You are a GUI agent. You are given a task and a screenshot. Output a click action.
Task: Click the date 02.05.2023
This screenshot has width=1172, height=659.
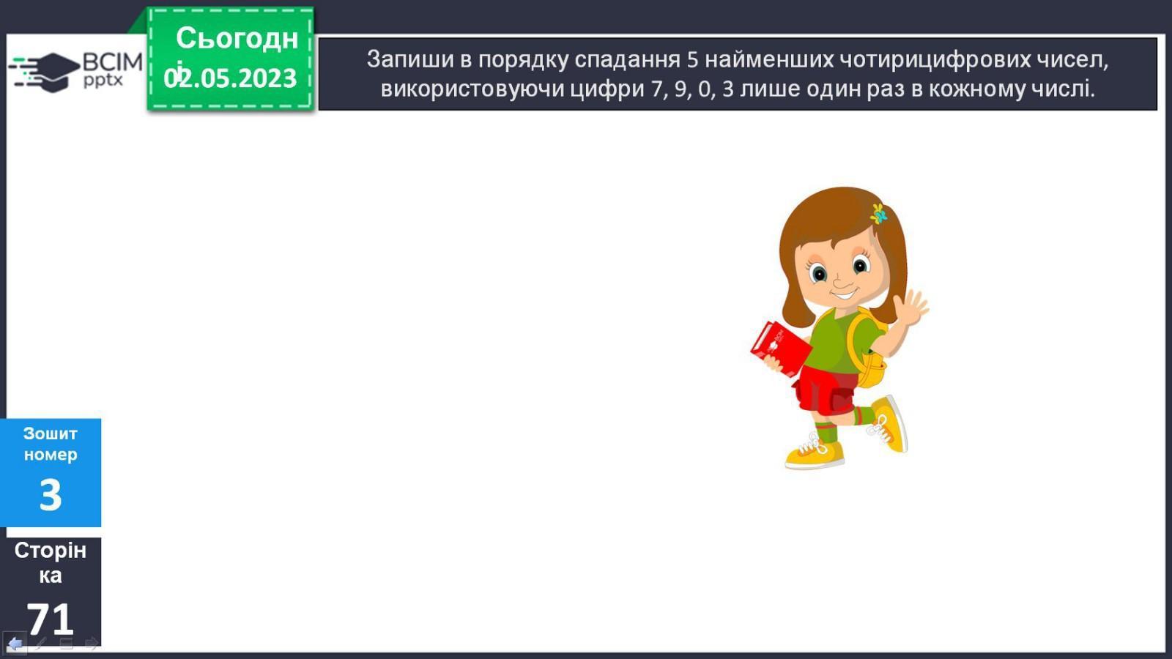[x=230, y=78]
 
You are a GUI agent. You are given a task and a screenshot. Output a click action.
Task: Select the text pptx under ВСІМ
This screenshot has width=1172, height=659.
[x=103, y=81]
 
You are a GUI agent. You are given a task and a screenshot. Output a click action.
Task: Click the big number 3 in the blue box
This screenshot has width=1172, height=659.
[x=51, y=495]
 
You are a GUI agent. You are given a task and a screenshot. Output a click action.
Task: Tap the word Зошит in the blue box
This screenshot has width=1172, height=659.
[x=51, y=433]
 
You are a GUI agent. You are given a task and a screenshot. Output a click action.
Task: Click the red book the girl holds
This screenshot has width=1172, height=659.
[x=779, y=349]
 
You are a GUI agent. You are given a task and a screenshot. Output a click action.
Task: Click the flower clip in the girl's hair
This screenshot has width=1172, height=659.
[x=878, y=214]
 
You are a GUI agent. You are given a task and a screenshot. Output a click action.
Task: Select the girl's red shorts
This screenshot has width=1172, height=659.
[x=825, y=389]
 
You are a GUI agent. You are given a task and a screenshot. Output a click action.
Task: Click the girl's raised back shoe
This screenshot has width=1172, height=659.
[x=889, y=423]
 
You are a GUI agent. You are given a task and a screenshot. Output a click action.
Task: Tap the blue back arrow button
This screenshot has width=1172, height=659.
[x=15, y=644]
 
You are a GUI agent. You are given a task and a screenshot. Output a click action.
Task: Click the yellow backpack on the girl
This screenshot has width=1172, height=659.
[x=869, y=351]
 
